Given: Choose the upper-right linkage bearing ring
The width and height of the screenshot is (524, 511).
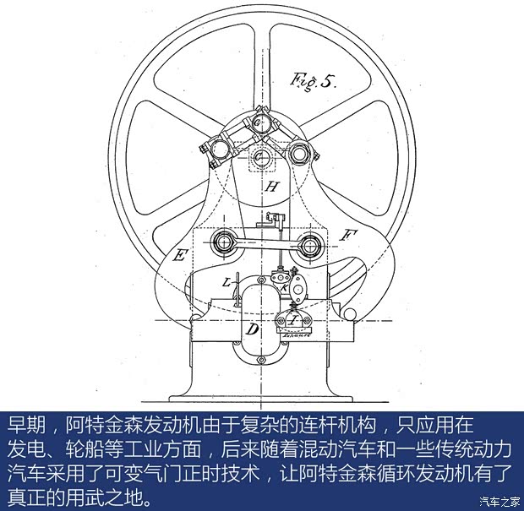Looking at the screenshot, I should coord(297,153).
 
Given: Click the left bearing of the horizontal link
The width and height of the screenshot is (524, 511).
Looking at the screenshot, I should coord(225,243).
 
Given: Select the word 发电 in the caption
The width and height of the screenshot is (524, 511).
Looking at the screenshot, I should coord(25,446).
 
